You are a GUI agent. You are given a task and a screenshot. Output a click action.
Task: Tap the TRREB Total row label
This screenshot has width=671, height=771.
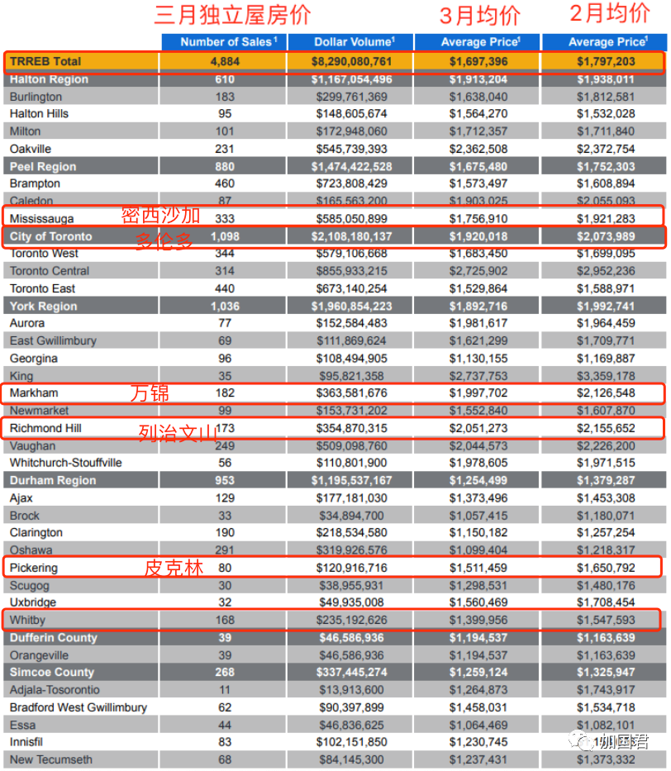[x=45, y=61]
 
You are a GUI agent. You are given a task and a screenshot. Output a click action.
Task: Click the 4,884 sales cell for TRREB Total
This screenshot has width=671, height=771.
[x=225, y=61]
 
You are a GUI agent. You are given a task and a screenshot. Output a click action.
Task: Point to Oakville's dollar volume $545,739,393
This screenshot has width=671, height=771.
[x=351, y=149]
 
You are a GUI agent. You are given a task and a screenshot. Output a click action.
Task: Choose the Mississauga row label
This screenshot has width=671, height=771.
[x=41, y=219]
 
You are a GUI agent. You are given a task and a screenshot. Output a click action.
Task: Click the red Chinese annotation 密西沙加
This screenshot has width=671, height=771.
[x=161, y=216]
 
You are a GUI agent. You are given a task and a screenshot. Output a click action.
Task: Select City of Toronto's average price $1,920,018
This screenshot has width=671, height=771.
[x=478, y=236]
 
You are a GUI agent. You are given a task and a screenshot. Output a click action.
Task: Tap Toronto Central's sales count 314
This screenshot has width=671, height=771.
[x=225, y=271]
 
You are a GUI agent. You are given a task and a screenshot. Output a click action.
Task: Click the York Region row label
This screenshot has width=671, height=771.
[x=43, y=307]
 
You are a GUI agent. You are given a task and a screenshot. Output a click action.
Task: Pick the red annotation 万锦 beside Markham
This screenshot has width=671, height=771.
[x=150, y=393]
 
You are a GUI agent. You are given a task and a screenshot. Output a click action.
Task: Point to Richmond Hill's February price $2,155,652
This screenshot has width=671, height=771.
[x=606, y=428]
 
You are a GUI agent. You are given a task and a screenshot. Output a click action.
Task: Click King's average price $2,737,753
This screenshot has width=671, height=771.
[x=478, y=376]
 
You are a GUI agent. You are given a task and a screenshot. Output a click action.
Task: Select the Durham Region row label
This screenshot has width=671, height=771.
[x=53, y=480]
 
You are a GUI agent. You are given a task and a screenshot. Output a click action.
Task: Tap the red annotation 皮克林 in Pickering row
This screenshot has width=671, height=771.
[x=174, y=568]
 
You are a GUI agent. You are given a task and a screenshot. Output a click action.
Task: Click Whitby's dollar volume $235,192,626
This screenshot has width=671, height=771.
[x=351, y=620]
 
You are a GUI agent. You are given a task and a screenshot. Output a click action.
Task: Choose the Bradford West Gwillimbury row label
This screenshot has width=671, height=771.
[x=79, y=707]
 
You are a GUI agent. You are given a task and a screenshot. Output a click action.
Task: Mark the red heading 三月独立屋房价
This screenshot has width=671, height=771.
[x=232, y=15]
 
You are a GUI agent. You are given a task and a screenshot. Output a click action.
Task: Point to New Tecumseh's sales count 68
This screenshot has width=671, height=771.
[x=225, y=759]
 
